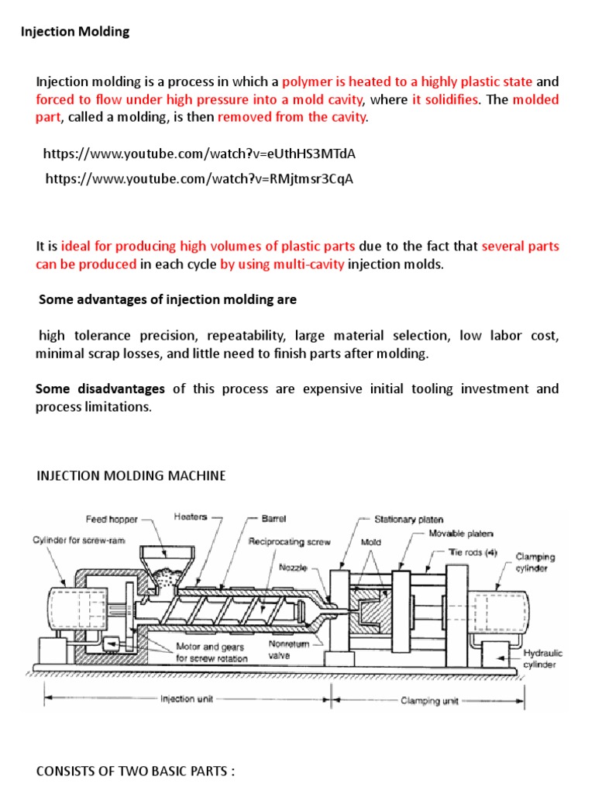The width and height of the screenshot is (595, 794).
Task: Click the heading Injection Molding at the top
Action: pyautogui.click(x=74, y=33)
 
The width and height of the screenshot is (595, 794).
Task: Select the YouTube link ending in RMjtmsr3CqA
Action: pyautogui.click(x=200, y=179)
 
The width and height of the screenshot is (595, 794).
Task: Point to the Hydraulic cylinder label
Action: pyautogui.click(x=542, y=659)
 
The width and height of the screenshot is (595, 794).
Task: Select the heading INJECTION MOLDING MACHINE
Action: pyautogui.click(x=131, y=475)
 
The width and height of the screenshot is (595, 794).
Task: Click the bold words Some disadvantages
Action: pyautogui.click(x=100, y=388)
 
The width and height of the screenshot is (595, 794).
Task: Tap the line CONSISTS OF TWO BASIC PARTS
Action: pyautogui.click(x=136, y=772)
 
